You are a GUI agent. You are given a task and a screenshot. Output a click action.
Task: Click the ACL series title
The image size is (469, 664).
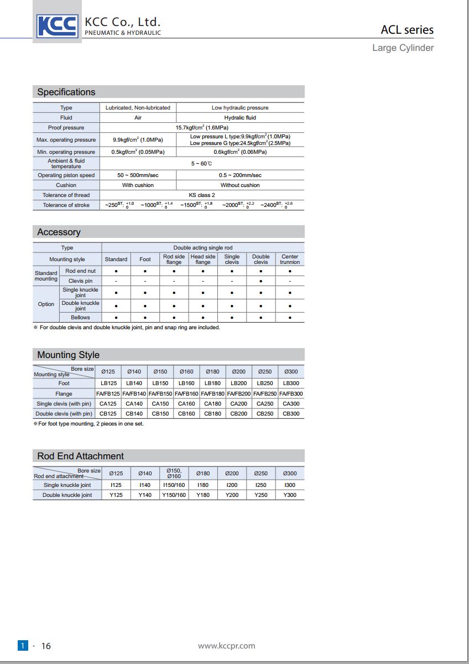point(407,30)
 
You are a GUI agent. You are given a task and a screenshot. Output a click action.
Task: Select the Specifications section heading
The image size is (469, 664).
point(66,92)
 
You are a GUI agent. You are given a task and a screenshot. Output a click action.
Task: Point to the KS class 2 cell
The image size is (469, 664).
point(202,195)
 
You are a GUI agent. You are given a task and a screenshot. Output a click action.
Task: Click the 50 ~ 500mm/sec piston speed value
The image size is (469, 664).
point(138,175)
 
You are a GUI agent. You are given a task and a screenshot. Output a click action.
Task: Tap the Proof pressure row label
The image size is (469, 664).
point(66,127)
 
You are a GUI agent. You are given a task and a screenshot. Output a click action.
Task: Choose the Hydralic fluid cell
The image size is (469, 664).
point(240,117)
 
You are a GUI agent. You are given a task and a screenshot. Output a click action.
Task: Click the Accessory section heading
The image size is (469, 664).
point(59,232)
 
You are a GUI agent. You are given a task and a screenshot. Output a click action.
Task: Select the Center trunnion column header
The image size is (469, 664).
point(290,259)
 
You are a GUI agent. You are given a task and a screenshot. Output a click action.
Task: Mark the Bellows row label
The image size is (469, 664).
point(80,317)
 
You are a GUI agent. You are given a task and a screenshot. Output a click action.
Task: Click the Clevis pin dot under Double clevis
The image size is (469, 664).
point(260,281)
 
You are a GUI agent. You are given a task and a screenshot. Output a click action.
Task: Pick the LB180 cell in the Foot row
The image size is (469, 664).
point(212,383)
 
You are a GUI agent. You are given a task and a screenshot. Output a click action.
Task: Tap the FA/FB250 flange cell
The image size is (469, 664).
point(265,393)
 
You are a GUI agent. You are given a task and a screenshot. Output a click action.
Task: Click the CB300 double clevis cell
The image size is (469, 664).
point(291,413)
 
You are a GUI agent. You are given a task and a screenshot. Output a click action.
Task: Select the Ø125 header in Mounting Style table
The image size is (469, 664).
point(108,372)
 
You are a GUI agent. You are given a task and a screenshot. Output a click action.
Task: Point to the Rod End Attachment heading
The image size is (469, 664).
point(80,456)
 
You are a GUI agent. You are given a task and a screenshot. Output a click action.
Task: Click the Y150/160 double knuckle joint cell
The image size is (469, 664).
point(174,495)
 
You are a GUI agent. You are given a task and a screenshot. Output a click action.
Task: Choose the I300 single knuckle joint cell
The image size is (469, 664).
point(290,485)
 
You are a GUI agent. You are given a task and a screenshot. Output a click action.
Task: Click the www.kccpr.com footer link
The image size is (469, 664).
point(227,645)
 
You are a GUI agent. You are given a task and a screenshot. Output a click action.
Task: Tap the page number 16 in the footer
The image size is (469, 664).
point(46,646)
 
